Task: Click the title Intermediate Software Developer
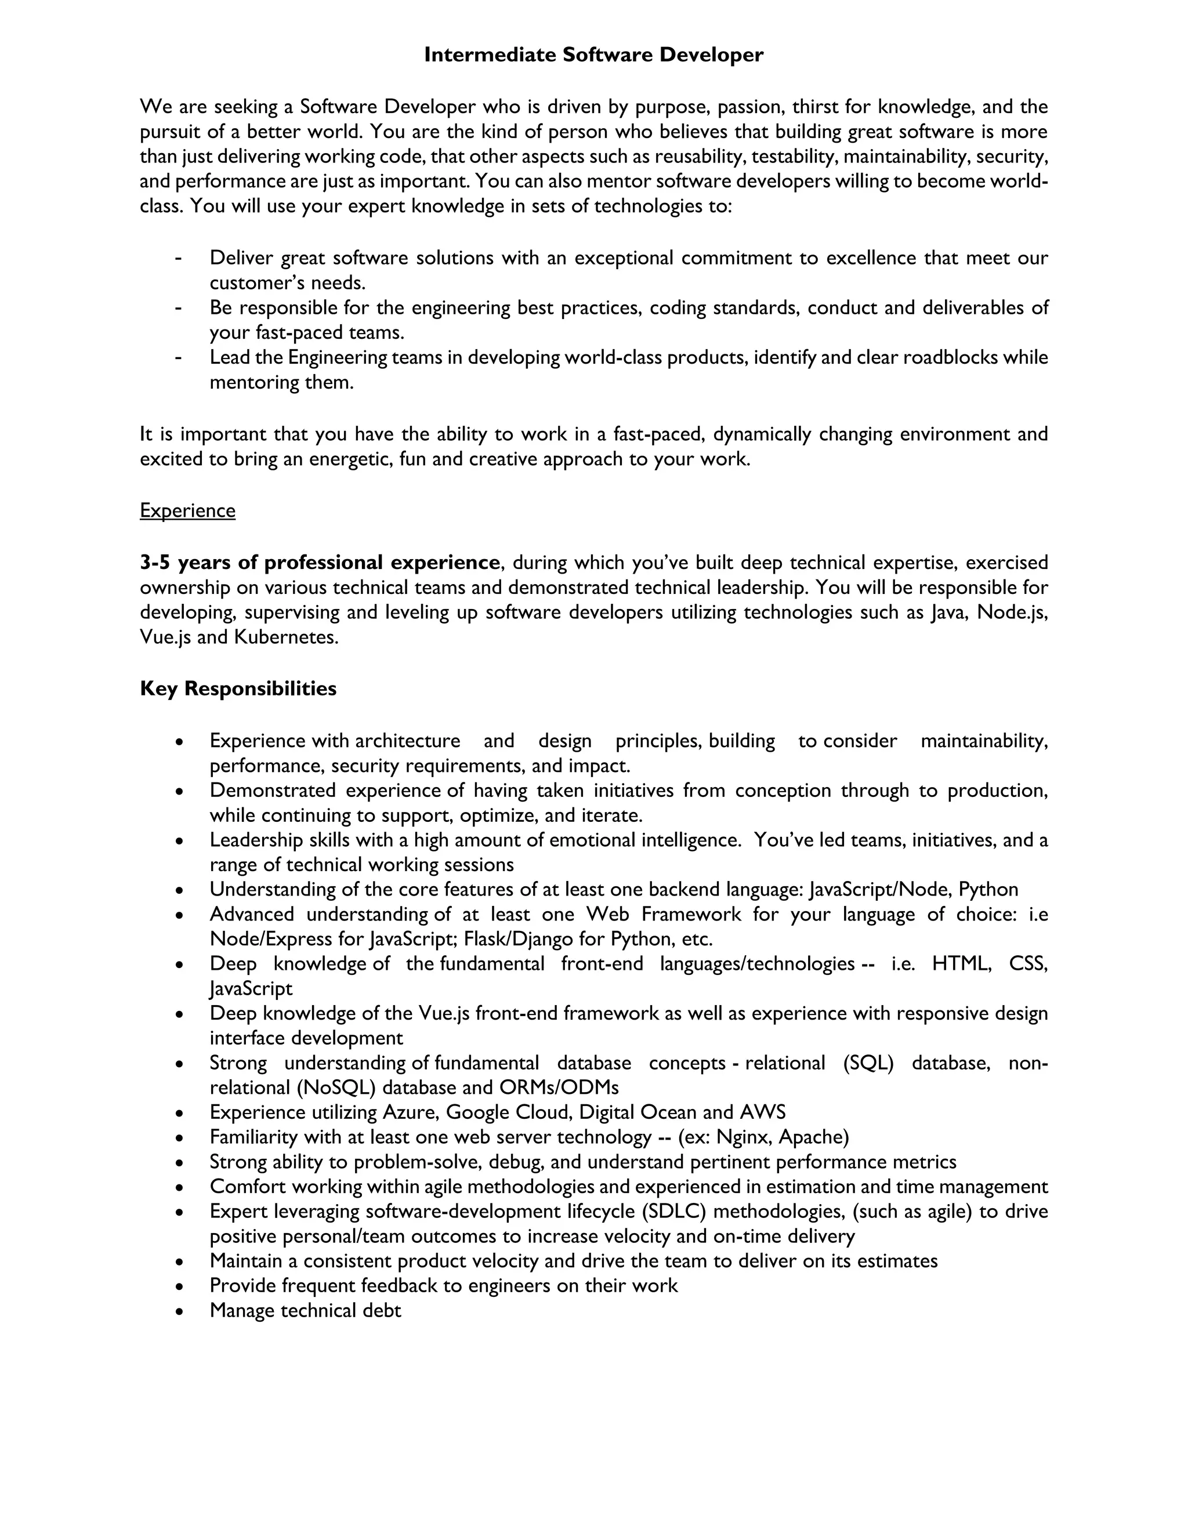click(x=593, y=55)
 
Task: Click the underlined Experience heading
click(x=187, y=510)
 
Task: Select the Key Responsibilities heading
click(x=238, y=688)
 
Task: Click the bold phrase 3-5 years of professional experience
click(x=320, y=562)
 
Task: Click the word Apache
click(x=814, y=1137)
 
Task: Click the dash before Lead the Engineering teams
click(x=179, y=357)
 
